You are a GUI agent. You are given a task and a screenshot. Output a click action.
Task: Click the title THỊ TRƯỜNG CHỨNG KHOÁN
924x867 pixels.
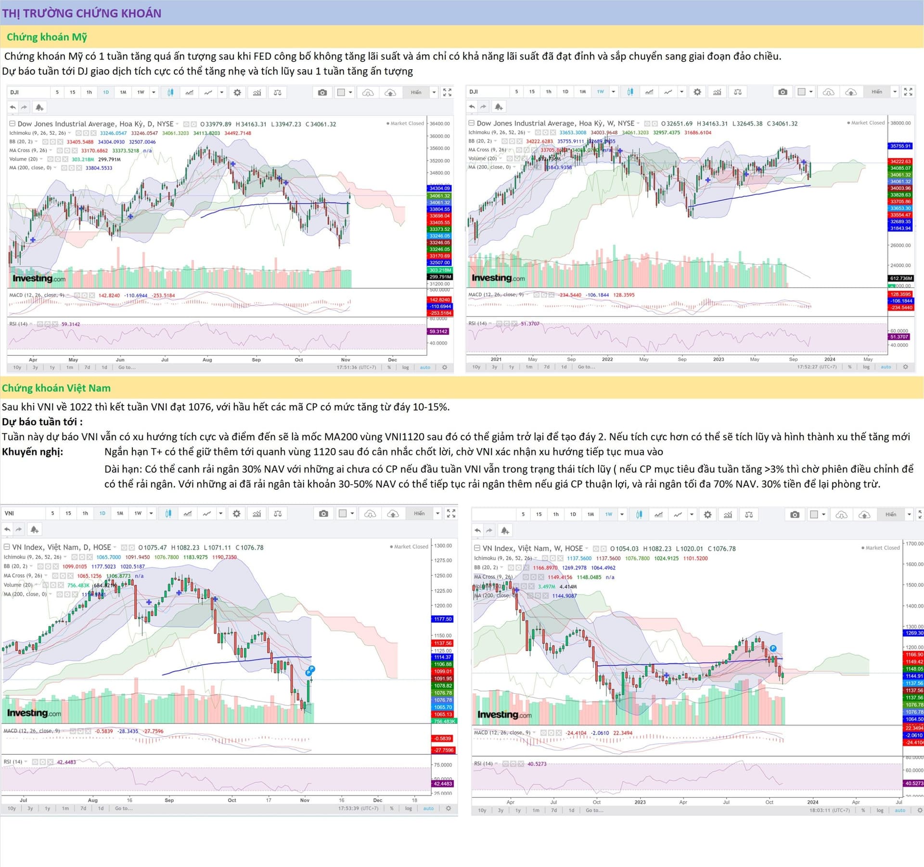pos(82,13)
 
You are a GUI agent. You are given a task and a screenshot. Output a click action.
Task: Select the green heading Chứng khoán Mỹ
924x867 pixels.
pos(47,37)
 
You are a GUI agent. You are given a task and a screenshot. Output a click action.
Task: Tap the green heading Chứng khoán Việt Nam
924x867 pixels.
pos(56,388)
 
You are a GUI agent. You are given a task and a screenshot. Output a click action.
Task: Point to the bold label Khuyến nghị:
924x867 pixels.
pos(32,452)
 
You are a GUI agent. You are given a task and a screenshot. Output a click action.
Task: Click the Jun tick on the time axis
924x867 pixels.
pos(120,360)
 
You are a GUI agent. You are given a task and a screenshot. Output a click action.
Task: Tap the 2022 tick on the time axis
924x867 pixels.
pos(607,359)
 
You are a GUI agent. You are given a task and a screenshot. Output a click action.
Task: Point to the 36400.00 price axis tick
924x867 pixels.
pos(440,124)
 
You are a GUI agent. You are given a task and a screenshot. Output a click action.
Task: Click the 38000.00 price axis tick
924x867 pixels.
pos(900,123)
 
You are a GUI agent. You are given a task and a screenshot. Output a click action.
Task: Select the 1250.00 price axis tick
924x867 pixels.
pos(443,575)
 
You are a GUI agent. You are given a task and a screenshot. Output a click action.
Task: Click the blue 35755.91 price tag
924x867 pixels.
pos(900,146)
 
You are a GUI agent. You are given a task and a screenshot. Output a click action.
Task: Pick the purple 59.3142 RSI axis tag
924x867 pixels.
pos(438,331)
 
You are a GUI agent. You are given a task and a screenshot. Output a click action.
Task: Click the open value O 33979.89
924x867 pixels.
pos(216,124)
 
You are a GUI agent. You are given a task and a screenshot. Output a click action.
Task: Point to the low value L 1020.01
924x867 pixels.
pos(689,548)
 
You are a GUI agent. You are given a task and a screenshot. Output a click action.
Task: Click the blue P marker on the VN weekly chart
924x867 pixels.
pos(773,648)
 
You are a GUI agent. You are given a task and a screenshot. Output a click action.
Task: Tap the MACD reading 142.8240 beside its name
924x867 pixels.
pos(109,296)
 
